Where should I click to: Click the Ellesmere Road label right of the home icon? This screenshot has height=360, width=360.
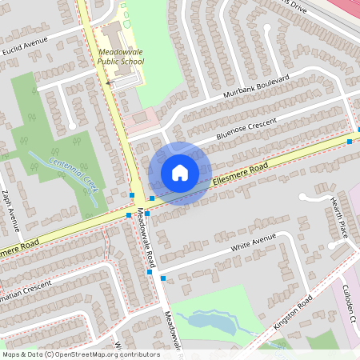coord(240,177)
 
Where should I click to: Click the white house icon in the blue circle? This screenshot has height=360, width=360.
coord(179,173)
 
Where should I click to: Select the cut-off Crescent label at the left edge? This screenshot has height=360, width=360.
coord(27,286)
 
